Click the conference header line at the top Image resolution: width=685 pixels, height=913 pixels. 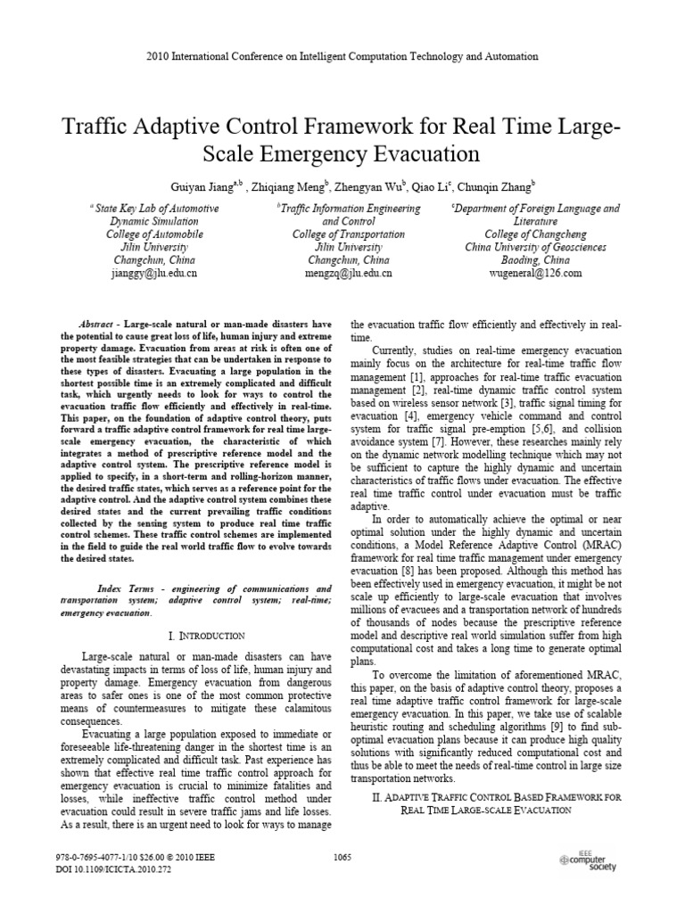(342, 56)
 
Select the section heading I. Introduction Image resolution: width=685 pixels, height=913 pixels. (206, 635)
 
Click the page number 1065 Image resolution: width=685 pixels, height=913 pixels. (342, 858)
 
